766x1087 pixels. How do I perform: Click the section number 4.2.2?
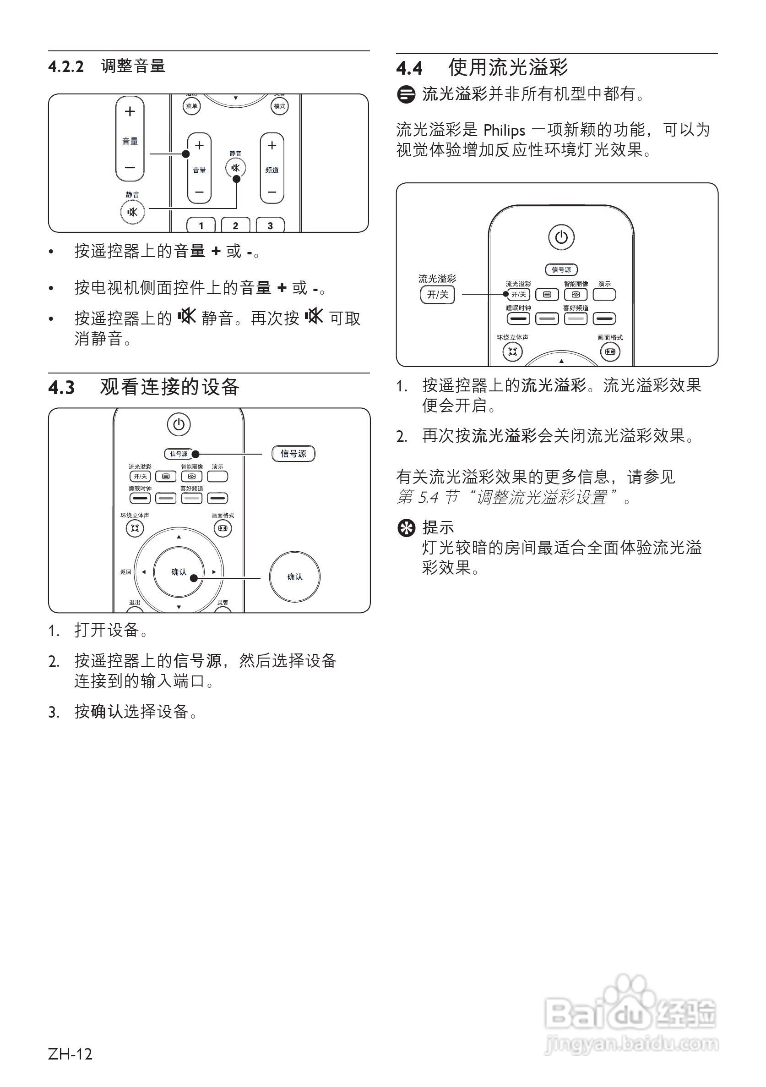[66, 67]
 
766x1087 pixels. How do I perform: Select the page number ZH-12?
[70, 1054]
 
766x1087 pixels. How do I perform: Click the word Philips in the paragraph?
[505, 130]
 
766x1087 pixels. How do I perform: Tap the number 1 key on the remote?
[201, 225]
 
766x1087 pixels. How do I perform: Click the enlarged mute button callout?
[132, 212]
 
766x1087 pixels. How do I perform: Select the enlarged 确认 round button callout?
[294, 576]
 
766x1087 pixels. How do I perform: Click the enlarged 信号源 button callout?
[293, 454]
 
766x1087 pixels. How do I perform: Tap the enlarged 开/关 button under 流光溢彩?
[437, 295]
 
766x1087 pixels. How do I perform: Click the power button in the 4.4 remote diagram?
[561, 237]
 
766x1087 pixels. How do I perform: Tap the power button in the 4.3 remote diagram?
[179, 424]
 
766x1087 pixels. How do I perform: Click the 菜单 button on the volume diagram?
[192, 106]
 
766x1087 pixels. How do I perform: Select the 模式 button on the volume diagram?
[280, 106]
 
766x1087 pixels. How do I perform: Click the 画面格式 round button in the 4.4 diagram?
[610, 352]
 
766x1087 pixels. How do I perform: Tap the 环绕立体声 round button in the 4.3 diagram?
[135, 528]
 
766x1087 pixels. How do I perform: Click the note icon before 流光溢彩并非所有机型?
[406, 94]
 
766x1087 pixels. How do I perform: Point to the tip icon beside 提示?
[406, 528]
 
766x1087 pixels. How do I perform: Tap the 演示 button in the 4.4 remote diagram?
[604, 295]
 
